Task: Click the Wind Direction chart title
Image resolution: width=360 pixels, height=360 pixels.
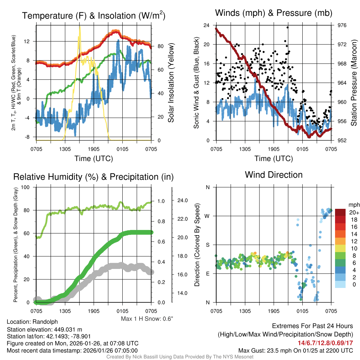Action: point(274,175)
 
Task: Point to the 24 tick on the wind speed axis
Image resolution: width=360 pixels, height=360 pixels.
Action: point(207,25)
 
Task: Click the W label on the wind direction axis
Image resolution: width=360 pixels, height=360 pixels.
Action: point(207,216)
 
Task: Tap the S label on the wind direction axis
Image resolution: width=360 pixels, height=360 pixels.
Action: point(207,245)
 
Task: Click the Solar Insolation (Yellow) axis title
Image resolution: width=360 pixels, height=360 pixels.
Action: point(171,83)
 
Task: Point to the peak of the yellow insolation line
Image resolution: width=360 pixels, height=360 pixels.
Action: point(80,26)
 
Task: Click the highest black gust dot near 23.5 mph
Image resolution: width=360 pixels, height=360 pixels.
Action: point(287,27)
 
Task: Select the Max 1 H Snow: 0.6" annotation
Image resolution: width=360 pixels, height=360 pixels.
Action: point(147,319)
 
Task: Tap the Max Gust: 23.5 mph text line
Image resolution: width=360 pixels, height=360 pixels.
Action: point(296,350)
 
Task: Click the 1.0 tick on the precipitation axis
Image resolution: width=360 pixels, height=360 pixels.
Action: point(161,201)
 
